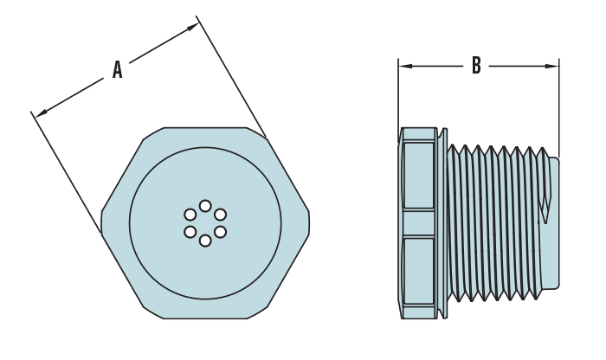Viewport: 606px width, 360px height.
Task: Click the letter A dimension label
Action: click(x=117, y=70)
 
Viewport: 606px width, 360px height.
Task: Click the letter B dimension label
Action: click(x=476, y=66)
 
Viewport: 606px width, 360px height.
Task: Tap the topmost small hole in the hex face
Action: click(x=205, y=206)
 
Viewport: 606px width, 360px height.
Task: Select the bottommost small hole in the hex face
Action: click(x=205, y=241)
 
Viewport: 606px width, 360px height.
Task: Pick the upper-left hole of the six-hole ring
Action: click(x=190, y=215)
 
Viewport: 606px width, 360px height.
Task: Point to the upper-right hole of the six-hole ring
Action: click(x=220, y=215)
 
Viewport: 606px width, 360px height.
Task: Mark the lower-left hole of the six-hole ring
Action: click(x=190, y=232)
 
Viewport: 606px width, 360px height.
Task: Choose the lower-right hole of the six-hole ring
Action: click(x=220, y=232)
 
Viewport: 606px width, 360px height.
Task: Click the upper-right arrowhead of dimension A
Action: click(x=192, y=28)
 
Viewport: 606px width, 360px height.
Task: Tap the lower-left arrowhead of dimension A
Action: click(x=41, y=112)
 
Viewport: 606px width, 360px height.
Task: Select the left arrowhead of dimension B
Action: click(x=404, y=66)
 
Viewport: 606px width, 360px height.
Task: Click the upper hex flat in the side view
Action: click(x=419, y=176)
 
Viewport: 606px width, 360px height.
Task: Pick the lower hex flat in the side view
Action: click(x=419, y=271)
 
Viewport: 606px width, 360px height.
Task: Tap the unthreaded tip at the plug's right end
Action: click(x=553, y=223)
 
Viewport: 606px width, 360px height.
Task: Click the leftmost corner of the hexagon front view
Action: click(x=102, y=223)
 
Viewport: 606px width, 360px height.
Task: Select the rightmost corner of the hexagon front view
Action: click(x=308, y=223)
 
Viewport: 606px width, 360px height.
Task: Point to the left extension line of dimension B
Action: click(x=398, y=95)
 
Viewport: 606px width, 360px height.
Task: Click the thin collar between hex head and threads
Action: click(x=443, y=223)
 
